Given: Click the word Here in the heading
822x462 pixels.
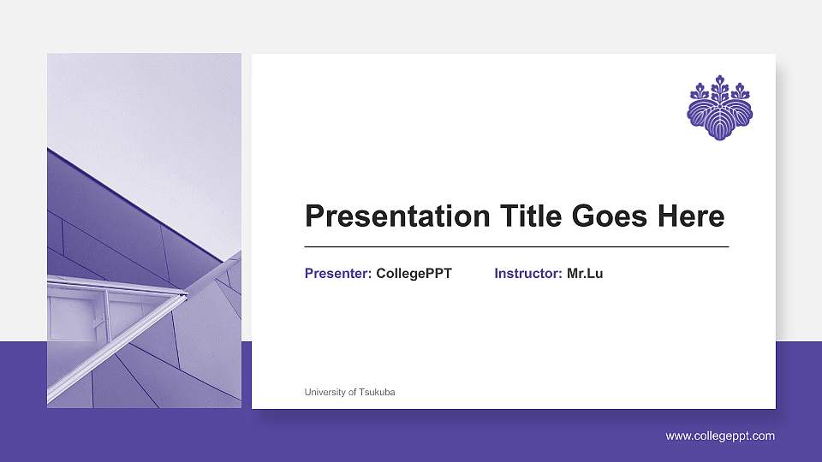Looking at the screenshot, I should point(690,216).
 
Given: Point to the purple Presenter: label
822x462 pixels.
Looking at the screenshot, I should point(338,274).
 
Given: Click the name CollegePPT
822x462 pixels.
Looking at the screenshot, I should point(414,274).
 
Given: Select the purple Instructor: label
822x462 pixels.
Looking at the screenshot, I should point(527,274).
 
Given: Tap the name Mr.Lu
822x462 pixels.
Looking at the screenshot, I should point(585,274).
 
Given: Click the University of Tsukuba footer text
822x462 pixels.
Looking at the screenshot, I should point(349,392).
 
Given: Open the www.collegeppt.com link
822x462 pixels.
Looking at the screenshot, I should point(720,436).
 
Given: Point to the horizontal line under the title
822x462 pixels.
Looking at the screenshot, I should point(516,246).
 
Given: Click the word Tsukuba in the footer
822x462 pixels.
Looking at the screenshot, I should point(378,392).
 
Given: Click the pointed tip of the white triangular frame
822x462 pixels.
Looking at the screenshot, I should point(186,294).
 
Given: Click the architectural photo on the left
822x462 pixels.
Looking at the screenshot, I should point(144,230).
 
